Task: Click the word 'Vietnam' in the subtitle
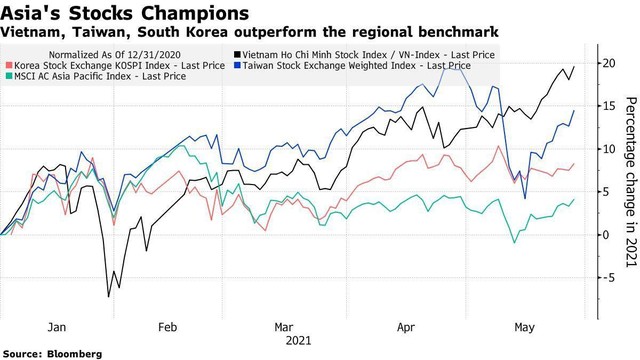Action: pos(31,34)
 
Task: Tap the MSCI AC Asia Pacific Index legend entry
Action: pos(100,76)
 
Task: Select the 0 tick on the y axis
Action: pos(606,234)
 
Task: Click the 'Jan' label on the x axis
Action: pos(58,326)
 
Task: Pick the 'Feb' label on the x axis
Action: pos(167,326)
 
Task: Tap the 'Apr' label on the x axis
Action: pos(407,326)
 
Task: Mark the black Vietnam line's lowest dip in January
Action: pos(109,297)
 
